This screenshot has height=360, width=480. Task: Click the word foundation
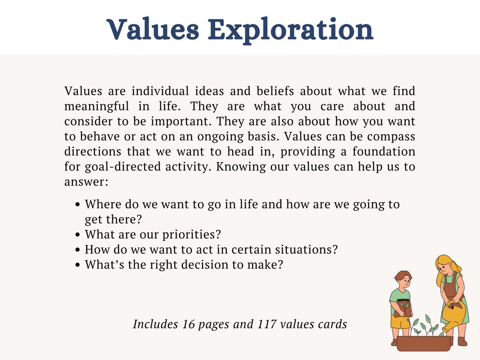point(384,152)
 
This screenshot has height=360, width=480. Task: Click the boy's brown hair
point(403,276)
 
